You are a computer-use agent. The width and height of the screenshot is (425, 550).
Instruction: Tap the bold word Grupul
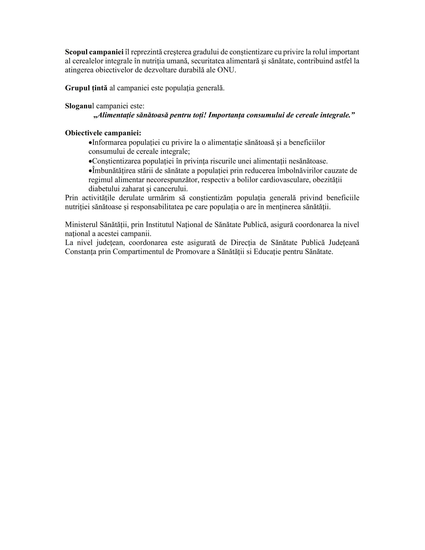pos(76,88)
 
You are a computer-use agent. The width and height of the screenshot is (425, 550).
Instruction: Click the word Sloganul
pos(79,106)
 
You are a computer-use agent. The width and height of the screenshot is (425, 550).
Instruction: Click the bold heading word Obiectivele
pos(84,133)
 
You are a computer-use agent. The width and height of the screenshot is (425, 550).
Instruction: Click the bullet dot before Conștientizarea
pos(90,161)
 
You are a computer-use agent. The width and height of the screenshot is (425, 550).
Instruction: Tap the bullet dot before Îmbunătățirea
pos(90,171)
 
